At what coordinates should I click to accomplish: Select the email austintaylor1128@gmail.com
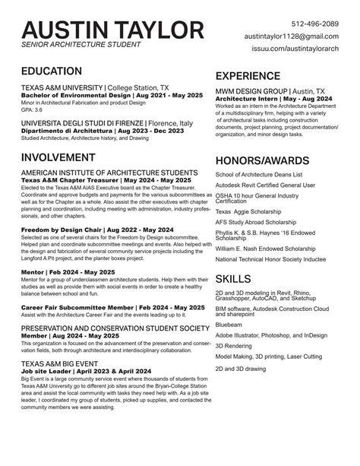click(x=291, y=36)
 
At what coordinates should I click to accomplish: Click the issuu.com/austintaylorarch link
click(x=295, y=49)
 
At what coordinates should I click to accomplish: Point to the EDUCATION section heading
click(x=52, y=71)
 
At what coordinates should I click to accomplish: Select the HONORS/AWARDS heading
click(x=263, y=160)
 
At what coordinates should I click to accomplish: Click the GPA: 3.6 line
click(x=33, y=109)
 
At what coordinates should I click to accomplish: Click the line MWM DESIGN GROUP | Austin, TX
click(x=270, y=91)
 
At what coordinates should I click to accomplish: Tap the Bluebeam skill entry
click(x=229, y=324)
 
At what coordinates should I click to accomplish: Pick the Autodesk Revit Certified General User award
click(x=264, y=185)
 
